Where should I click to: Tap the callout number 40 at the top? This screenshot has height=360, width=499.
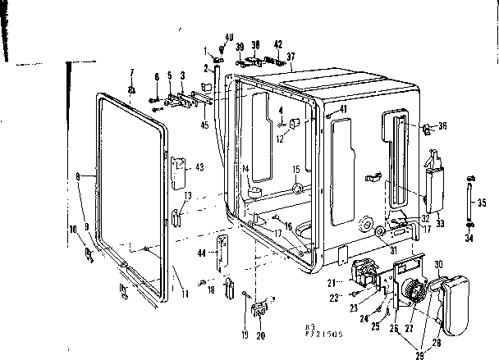click(x=229, y=35)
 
